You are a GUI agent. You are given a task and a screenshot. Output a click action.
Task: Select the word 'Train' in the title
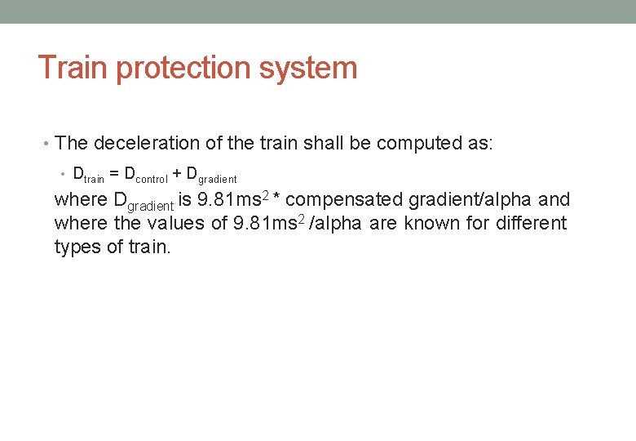tap(73, 67)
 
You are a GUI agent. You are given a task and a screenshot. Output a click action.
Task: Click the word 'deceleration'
tap(157, 144)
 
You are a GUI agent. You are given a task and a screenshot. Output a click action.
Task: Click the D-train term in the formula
tap(88, 175)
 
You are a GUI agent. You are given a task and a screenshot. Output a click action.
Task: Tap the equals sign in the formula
tap(114, 174)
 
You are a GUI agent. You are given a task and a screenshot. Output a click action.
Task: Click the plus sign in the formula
tap(178, 174)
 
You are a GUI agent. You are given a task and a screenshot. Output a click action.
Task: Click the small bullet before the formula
tap(64, 175)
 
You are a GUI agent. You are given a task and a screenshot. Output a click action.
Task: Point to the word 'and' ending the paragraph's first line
tap(554, 200)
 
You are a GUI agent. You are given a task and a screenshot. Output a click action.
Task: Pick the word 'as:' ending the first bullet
tap(478, 144)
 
